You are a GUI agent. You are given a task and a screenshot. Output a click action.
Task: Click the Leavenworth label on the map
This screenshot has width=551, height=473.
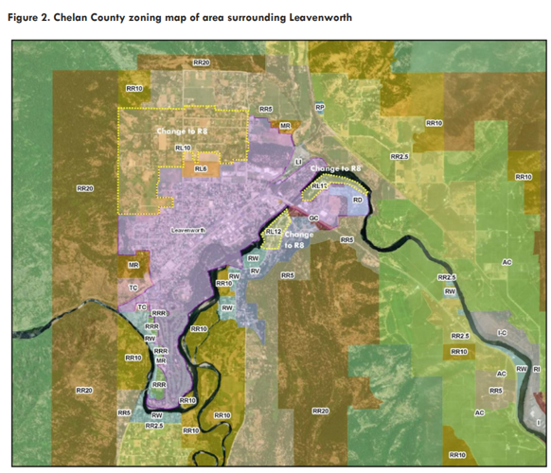pos(188,230)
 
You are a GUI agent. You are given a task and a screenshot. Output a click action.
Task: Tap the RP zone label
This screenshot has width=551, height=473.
pos(320,108)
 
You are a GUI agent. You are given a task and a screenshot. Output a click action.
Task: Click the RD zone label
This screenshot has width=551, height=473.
pos(357,201)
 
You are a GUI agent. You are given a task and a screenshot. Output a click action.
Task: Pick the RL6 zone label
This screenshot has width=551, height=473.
pos(201,168)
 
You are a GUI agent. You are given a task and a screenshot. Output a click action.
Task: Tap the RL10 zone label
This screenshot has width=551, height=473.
pos(183,148)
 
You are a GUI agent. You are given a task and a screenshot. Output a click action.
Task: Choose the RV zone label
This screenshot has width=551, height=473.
pos(255,272)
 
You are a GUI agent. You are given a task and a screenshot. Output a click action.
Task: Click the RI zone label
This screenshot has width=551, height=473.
pos(536,368)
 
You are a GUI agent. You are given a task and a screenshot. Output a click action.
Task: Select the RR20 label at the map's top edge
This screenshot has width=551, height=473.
pos(201,62)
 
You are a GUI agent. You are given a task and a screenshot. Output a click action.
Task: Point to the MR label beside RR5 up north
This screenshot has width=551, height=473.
pos(285,125)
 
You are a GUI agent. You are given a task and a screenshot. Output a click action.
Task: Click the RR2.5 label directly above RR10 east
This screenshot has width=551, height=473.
pos(460,337)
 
